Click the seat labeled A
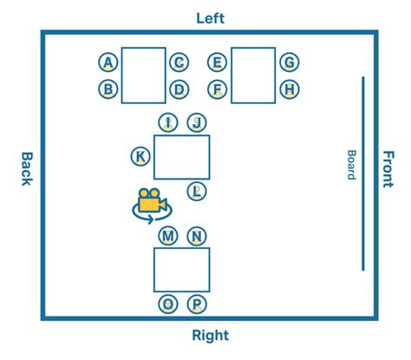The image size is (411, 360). (x=108, y=62)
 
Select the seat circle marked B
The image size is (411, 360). (x=108, y=88)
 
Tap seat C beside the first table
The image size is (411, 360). (x=179, y=62)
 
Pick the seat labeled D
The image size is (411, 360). (x=179, y=88)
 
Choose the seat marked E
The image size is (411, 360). (x=218, y=62)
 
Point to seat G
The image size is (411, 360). (x=290, y=62)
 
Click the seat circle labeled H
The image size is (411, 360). (x=290, y=88)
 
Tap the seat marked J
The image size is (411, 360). (x=197, y=122)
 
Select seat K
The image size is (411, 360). (x=140, y=156)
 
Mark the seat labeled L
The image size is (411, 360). (x=198, y=191)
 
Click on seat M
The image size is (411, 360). (x=169, y=236)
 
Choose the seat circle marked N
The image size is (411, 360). (x=197, y=236)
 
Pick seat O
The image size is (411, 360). (x=169, y=304)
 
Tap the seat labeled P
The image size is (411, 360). (x=197, y=304)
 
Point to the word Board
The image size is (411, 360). (x=351, y=165)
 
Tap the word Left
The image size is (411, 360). (x=210, y=17)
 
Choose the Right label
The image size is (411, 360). (x=210, y=335)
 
